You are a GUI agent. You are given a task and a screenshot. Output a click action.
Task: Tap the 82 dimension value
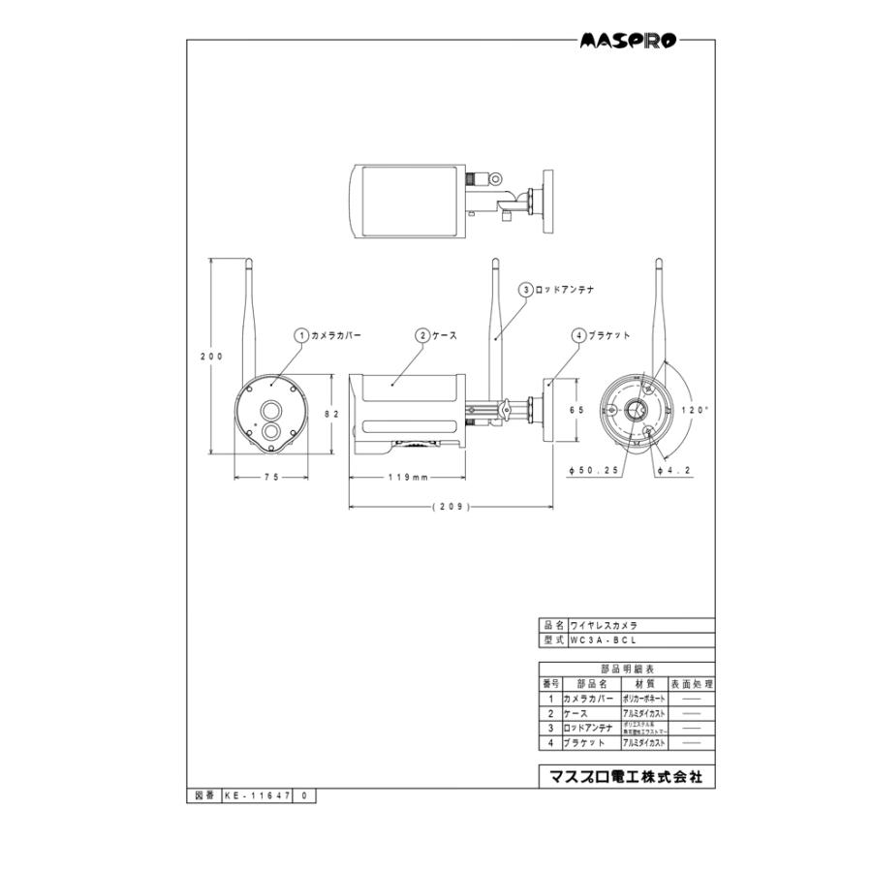click(x=330, y=413)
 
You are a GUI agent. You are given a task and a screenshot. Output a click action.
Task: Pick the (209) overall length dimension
click(x=451, y=506)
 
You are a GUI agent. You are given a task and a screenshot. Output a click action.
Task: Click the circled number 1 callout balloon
click(x=301, y=334)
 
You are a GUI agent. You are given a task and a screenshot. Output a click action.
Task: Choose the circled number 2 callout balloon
click(x=422, y=334)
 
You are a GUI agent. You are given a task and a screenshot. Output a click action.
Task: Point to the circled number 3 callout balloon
click(x=525, y=289)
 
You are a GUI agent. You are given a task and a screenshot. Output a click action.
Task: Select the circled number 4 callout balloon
click(x=578, y=334)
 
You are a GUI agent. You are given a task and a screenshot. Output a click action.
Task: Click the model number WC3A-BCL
click(x=603, y=640)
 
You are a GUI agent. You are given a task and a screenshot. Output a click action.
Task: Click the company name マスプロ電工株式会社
click(x=626, y=777)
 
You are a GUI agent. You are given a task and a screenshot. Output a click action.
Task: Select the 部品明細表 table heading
click(x=626, y=669)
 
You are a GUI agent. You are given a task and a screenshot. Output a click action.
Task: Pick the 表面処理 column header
click(x=692, y=683)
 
